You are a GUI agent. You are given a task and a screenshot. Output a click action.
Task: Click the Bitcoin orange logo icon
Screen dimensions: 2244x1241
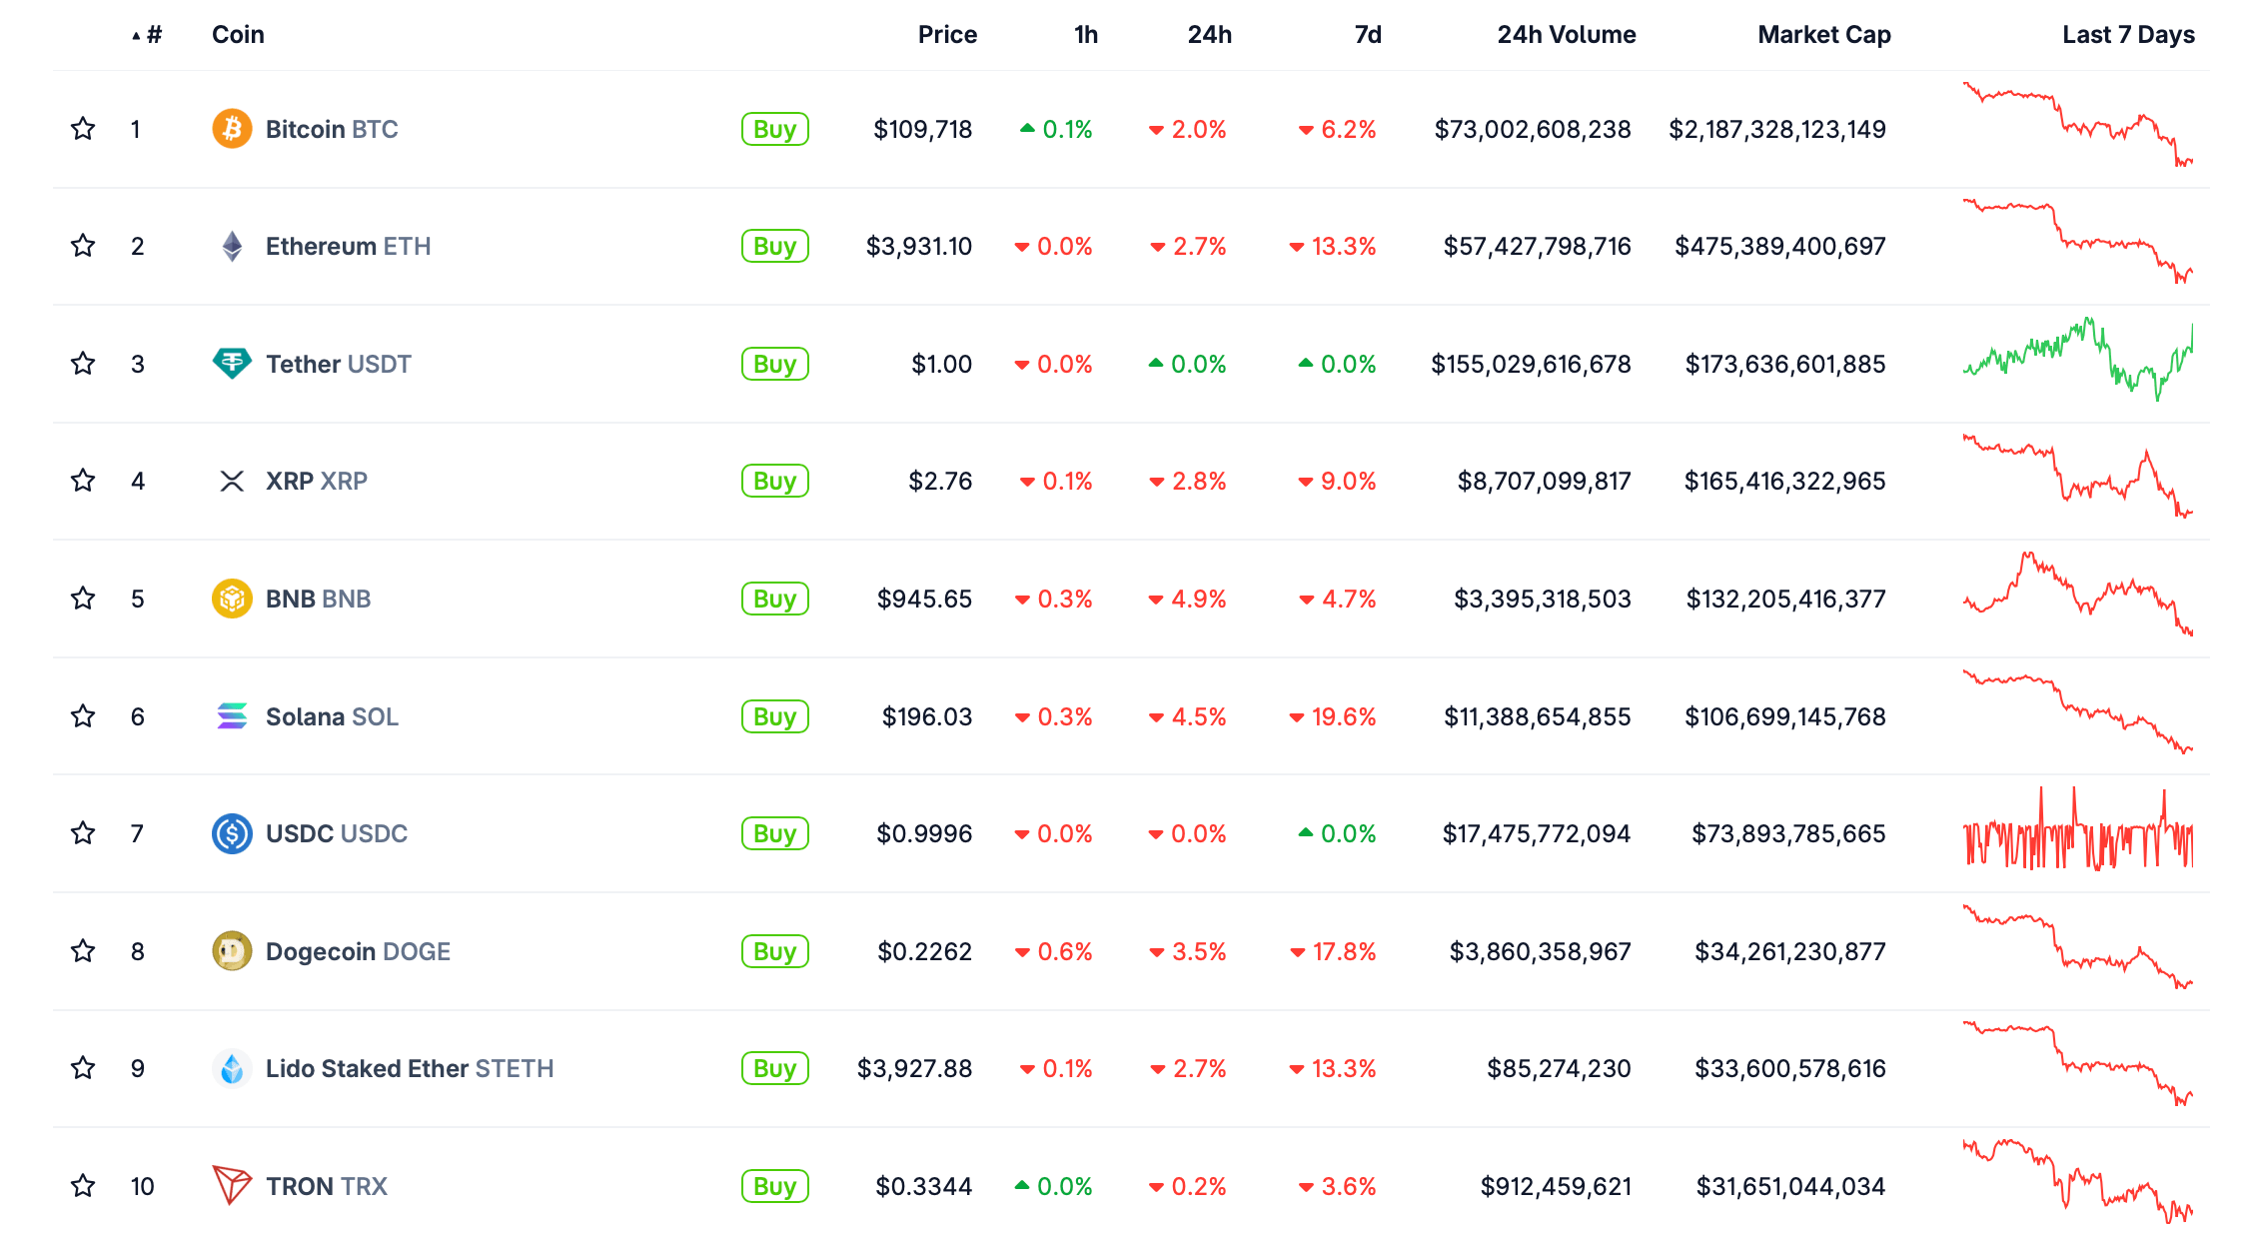pos(232,129)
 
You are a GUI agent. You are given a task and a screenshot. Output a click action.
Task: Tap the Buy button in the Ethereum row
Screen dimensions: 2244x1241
pos(774,246)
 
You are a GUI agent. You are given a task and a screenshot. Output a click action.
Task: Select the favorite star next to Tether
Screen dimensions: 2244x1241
pos(83,364)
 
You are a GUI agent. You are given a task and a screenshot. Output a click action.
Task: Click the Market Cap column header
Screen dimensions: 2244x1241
pos(1823,35)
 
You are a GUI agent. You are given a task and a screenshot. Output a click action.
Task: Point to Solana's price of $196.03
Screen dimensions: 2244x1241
pos(926,716)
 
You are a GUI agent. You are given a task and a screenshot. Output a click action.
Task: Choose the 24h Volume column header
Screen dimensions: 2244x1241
pos(1566,35)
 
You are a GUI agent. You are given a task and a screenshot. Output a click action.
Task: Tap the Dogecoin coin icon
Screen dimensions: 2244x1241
pos(232,951)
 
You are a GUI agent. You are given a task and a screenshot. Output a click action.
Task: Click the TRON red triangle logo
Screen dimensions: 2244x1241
pos(232,1186)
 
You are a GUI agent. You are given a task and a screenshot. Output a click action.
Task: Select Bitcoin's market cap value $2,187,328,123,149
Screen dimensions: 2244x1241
pos(1777,129)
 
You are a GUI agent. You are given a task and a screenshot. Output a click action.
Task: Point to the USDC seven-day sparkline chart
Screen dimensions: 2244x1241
pos(2078,830)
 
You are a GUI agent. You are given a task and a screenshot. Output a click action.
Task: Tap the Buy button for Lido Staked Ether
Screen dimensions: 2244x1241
pos(774,1068)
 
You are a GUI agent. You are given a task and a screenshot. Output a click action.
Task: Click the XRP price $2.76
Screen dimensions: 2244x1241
pos(940,482)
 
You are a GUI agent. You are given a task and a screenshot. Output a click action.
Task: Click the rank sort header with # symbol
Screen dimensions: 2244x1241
pos(147,35)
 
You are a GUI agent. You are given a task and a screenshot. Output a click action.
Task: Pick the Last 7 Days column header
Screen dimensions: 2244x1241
pos(2128,35)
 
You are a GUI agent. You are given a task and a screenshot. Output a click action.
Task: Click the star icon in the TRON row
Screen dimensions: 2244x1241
pos(83,1186)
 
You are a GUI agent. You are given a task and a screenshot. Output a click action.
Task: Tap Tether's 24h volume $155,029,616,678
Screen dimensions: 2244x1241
pos(1531,364)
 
